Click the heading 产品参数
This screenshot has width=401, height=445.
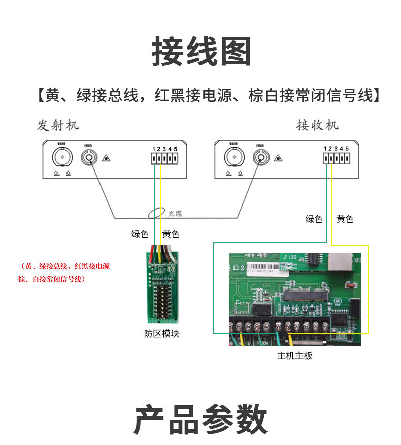click(x=201, y=420)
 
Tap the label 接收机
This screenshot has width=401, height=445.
click(x=317, y=125)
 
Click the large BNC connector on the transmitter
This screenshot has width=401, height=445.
click(x=62, y=158)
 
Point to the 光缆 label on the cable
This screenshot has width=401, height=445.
click(x=175, y=214)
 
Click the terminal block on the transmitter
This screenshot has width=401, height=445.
click(x=164, y=159)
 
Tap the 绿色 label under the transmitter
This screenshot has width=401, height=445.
click(x=140, y=234)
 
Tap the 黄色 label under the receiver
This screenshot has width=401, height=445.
click(x=345, y=219)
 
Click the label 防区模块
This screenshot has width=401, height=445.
click(x=161, y=334)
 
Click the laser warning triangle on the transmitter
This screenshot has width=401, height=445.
click(x=105, y=158)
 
